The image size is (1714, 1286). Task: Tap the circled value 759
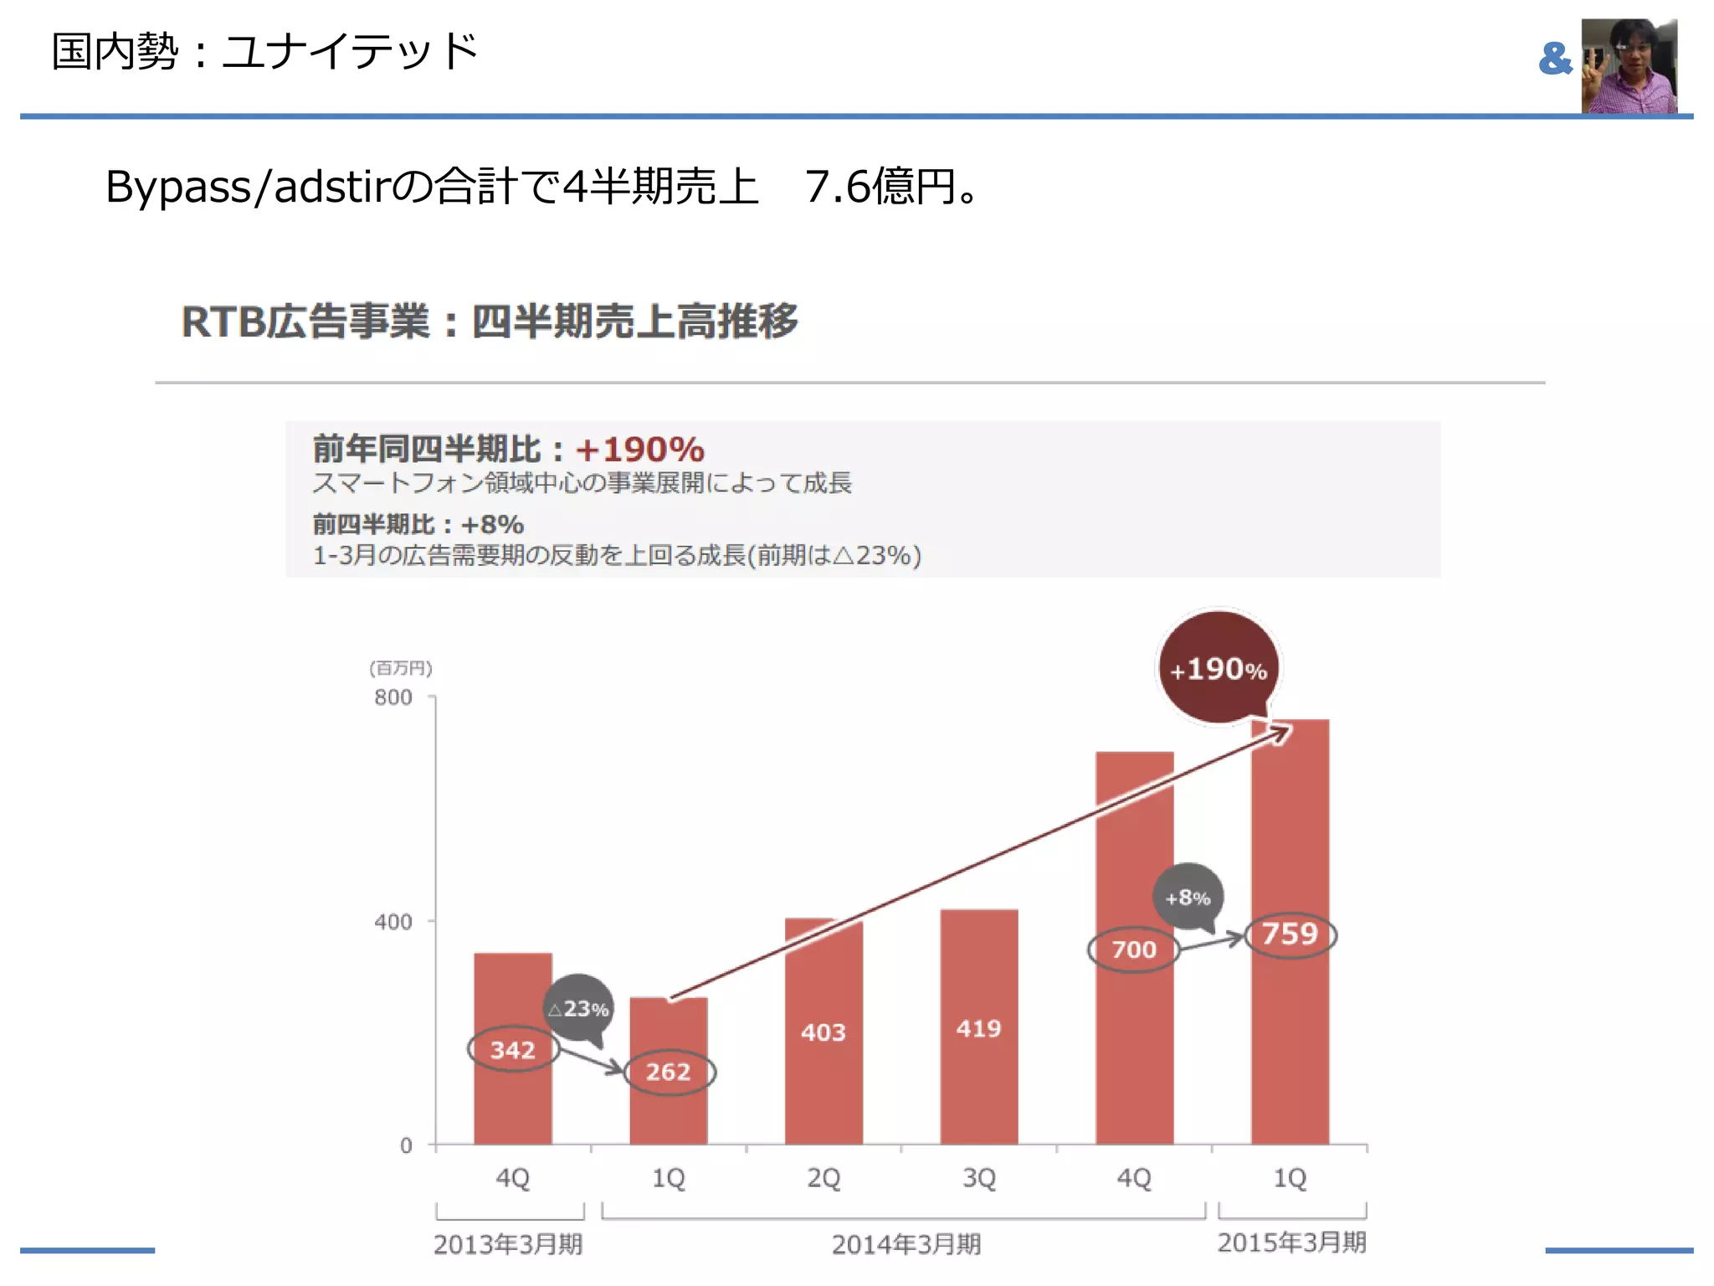[1290, 934]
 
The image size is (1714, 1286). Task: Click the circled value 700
[1134, 949]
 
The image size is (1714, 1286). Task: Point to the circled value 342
[512, 1049]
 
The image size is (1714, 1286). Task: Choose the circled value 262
[668, 1072]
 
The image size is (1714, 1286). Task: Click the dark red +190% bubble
[1219, 668]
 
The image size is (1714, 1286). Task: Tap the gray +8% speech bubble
[1188, 897]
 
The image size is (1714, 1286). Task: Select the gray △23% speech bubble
[578, 1008]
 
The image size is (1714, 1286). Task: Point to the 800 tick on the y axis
[393, 697]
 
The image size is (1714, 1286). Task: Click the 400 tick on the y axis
[393, 922]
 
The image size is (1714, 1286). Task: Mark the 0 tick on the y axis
[406, 1145]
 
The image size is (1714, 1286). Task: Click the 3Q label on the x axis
[978, 1178]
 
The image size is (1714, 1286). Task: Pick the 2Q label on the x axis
[824, 1178]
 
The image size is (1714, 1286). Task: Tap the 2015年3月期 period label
[1291, 1242]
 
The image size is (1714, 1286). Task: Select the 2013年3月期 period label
[508, 1244]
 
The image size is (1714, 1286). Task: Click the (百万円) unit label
[401, 667]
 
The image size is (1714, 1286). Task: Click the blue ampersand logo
[1555, 59]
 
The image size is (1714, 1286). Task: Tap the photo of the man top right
[1629, 65]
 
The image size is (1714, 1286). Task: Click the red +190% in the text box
[640, 450]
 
